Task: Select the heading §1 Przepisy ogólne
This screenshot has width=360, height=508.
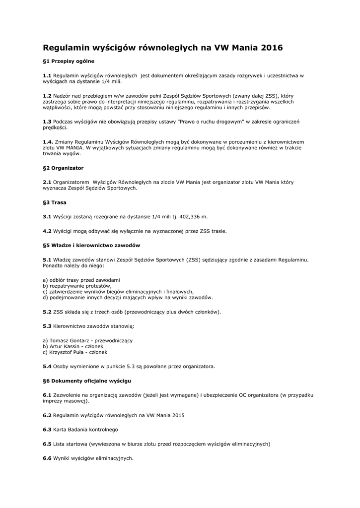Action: click(x=69, y=61)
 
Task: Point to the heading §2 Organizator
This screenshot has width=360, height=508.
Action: click(x=63, y=168)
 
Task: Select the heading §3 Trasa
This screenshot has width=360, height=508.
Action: click(x=55, y=202)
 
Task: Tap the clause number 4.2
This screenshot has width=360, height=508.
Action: click(x=47, y=231)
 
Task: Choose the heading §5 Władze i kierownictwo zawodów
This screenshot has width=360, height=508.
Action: click(x=92, y=246)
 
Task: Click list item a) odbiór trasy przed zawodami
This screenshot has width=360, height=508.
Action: click(x=81, y=280)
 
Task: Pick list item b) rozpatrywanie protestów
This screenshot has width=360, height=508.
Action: click(x=77, y=286)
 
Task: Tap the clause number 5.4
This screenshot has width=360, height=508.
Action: click(x=47, y=367)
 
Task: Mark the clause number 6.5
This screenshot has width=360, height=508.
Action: click(x=47, y=444)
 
